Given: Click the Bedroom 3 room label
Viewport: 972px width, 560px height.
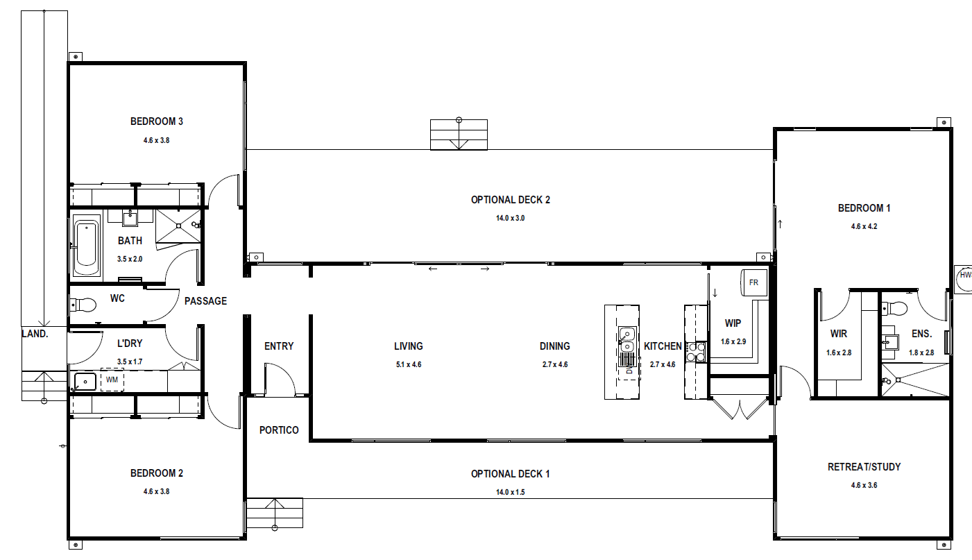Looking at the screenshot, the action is click(x=157, y=121).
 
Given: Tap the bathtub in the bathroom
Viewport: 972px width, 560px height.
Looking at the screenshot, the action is click(x=86, y=248).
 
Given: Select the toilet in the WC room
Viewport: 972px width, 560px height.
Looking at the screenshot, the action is click(x=83, y=305).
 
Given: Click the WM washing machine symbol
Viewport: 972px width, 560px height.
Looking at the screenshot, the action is click(x=112, y=380).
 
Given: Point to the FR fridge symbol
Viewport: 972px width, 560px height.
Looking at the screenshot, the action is click(x=753, y=282).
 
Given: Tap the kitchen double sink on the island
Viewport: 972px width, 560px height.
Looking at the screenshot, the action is click(x=627, y=340).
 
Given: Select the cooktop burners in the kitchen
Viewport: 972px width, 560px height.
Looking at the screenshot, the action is click(x=696, y=352).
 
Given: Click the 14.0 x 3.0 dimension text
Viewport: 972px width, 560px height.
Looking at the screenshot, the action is click(x=511, y=218).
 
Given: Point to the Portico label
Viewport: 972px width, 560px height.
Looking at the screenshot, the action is click(x=279, y=430).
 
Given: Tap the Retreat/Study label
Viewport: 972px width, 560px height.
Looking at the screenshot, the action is click(x=864, y=466).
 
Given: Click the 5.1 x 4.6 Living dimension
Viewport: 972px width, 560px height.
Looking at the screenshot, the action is click(x=409, y=364).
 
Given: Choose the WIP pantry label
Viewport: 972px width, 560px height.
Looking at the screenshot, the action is click(x=733, y=323).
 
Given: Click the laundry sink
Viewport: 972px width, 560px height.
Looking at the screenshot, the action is click(x=85, y=382).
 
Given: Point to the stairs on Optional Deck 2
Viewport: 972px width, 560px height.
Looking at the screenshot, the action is click(x=459, y=135).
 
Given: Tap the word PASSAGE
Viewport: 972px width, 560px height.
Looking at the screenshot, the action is click(x=205, y=301).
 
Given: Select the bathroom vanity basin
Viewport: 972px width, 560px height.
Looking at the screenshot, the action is click(x=130, y=219).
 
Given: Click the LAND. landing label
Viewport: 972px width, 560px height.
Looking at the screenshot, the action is click(x=35, y=333).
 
